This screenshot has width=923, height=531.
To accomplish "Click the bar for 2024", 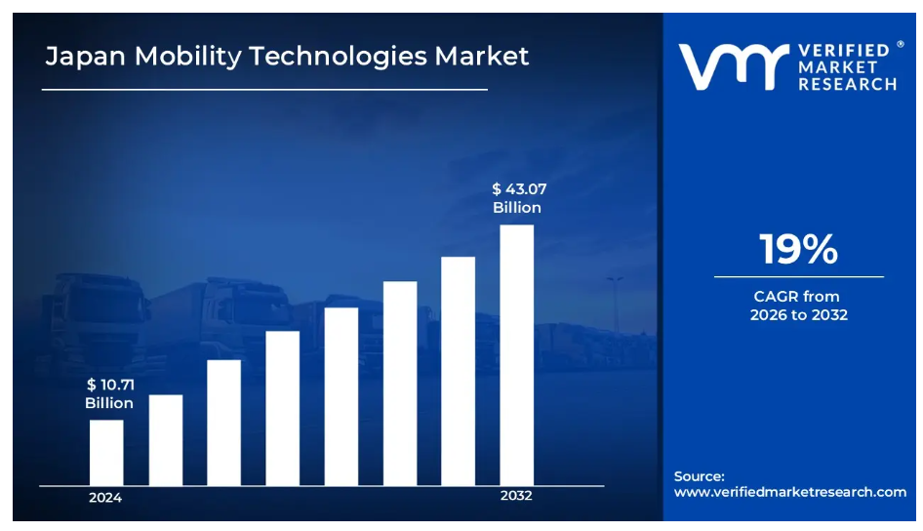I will point(106,453).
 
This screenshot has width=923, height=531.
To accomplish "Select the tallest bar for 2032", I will point(516,355).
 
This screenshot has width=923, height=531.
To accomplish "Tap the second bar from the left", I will point(165,440).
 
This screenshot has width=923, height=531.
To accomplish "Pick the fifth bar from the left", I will point(341,396).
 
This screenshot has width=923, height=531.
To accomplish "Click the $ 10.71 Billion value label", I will point(108,394).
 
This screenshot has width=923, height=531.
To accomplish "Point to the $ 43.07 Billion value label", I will point(518,198).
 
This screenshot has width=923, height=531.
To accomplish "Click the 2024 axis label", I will point(105,498).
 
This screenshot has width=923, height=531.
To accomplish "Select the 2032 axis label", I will point(516,496).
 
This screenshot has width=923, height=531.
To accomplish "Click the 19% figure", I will point(798,250).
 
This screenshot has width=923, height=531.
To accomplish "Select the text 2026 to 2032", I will point(798,315).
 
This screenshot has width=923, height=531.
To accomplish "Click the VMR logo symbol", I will point(733,66).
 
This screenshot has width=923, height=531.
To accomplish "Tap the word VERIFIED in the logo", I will point(843,50).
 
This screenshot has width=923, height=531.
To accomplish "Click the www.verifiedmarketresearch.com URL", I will point(790,492).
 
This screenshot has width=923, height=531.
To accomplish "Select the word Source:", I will point(699,476).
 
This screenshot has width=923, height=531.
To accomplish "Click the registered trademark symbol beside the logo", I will point(900,44).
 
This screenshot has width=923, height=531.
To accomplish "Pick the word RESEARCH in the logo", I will point(847,85).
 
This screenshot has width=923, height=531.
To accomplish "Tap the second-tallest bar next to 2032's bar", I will point(458,371).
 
